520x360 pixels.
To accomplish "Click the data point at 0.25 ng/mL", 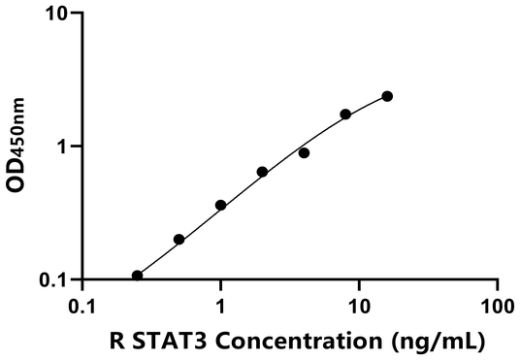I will [x=137, y=276].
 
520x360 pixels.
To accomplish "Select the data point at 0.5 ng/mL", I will [x=179, y=239].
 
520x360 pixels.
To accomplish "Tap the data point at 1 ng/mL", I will [x=220, y=206].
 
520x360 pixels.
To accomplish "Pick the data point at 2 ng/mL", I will [x=262, y=172].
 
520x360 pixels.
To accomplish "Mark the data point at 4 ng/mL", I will [x=304, y=153].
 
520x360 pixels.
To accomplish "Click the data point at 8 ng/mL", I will [x=345, y=115].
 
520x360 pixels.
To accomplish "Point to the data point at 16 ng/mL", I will [x=387, y=96].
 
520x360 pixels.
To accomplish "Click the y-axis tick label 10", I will [x=57, y=15].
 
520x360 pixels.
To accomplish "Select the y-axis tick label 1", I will [x=63, y=147].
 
